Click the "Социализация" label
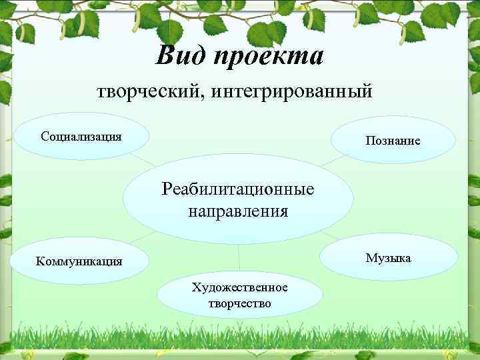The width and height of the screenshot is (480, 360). (81, 137)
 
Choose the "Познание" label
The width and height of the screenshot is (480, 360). (392, 141)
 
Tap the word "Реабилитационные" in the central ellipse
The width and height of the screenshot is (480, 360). (238, 189)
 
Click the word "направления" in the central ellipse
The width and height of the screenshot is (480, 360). (238, 212)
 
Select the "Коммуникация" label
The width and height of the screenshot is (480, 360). (79, 261)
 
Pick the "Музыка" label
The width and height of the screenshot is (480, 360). (388, 257)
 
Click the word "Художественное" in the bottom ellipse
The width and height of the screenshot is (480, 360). (239, 287)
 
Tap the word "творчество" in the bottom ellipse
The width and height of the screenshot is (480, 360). (239, 303)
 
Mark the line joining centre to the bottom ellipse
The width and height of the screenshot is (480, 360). (239, 257)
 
